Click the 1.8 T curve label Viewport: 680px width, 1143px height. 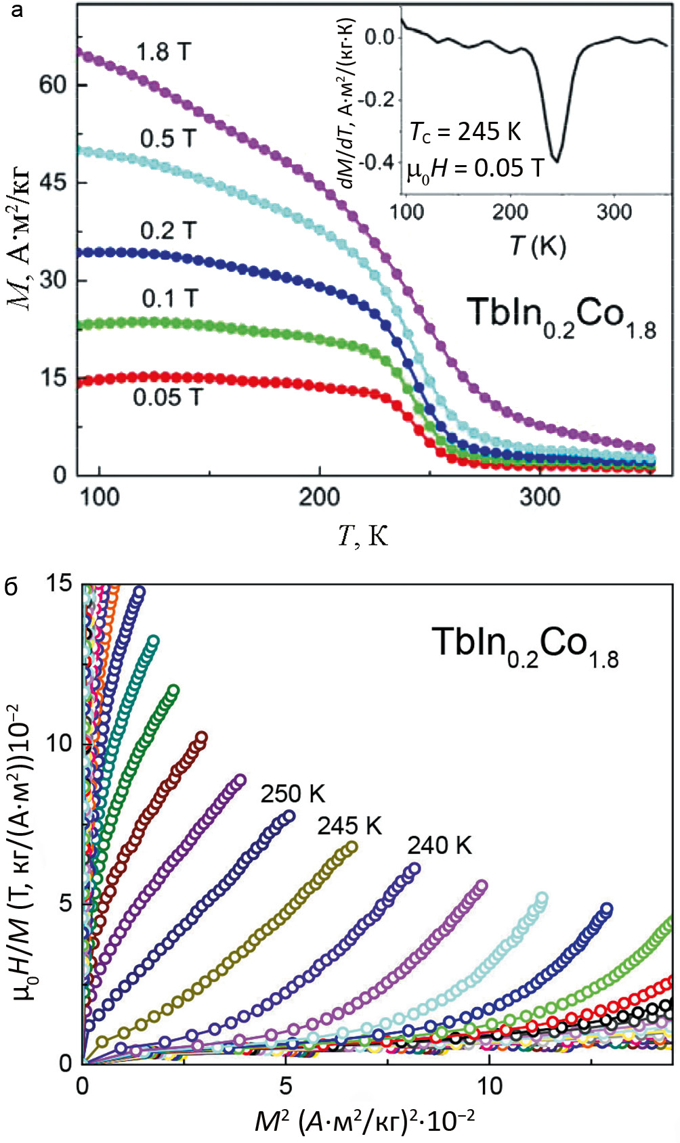click(165, 52)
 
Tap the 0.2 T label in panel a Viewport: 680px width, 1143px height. click(168, 231)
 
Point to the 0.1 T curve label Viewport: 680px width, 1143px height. click(170, 298)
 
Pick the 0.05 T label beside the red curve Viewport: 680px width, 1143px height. click(167, 397)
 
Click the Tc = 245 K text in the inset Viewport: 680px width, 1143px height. click(465, 132)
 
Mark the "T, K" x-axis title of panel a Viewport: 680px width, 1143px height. click(363, 537)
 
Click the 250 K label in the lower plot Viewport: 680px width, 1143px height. click(293, 794)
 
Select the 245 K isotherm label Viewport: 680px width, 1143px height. click(349, 826)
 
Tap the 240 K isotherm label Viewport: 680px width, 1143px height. click(439, 845)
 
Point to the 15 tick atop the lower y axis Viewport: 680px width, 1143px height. click(60, 583)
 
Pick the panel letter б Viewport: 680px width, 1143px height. click(12, 587)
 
